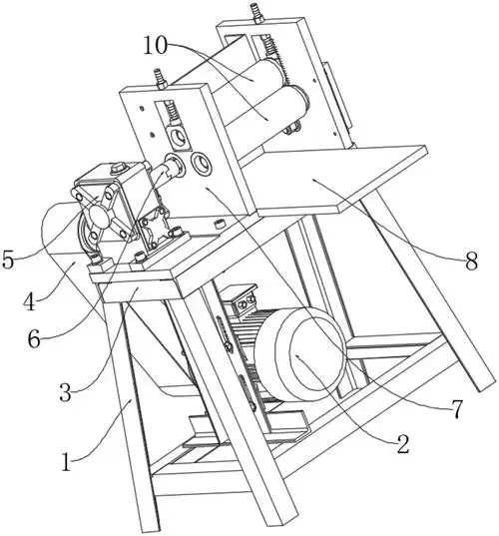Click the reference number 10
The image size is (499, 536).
(156, 46)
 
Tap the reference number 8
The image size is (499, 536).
(471, 263)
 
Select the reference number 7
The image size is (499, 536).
(456, 409)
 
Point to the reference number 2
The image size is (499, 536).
(403, 444)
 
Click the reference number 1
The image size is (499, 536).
(66, 462)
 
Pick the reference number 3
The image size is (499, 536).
(65, 392)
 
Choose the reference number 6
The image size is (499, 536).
(34, 339)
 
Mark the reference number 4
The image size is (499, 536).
(30, 301)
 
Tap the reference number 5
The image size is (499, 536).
(8, 260)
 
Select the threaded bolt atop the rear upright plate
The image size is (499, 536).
(257, 13)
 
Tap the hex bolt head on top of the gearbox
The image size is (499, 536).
(118, 168)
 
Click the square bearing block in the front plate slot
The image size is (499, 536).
(178, 137)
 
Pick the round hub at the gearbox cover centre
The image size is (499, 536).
(96, 217)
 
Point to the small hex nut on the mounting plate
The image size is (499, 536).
(219, 224)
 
